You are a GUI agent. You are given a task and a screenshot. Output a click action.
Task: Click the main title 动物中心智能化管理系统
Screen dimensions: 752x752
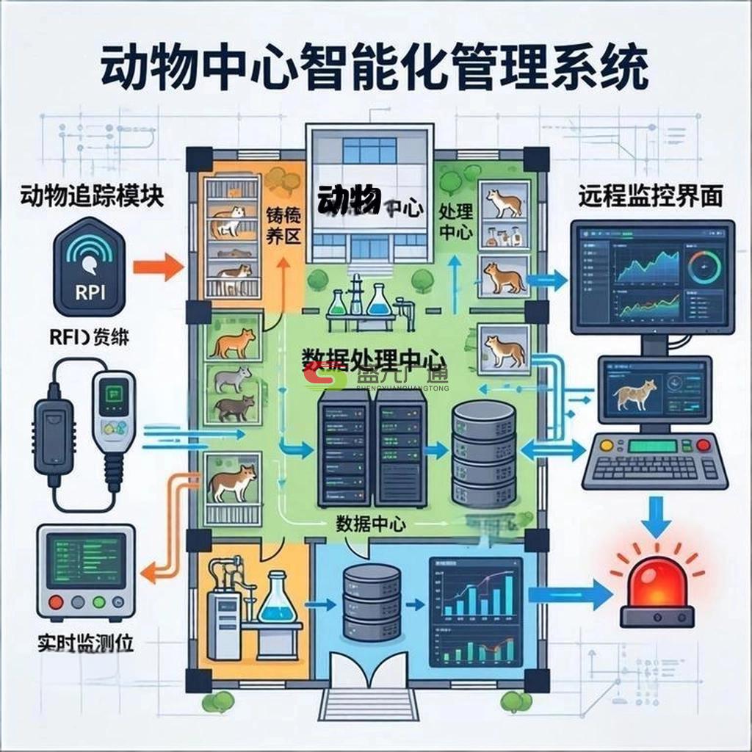[375, 68]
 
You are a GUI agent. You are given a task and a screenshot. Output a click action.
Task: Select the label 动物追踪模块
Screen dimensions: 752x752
[92, 196]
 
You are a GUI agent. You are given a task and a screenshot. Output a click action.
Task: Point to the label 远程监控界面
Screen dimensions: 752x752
[650, 196]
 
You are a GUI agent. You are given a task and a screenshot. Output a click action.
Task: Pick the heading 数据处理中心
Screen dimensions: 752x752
[375, 358]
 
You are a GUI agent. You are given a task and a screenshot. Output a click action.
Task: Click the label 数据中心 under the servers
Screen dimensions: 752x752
[371, 524]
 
